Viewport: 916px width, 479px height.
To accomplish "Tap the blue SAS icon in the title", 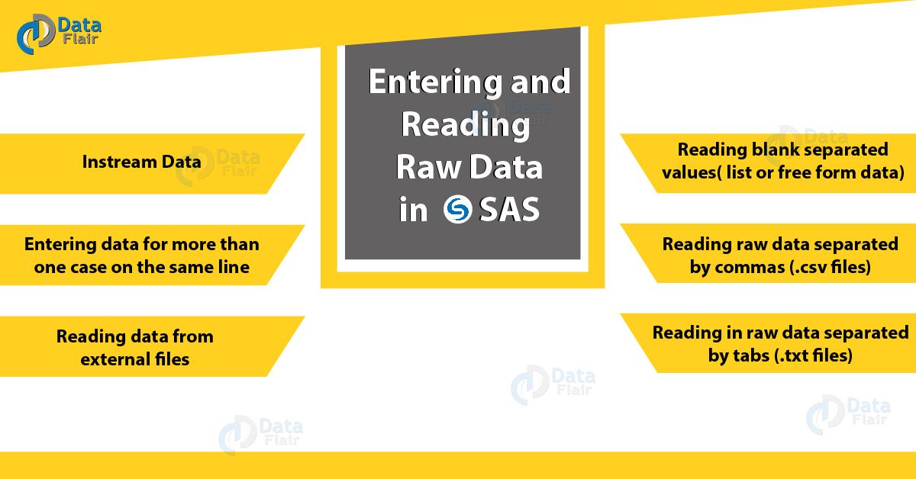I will (459, 210).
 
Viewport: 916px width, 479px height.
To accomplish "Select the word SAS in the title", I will (509, 210).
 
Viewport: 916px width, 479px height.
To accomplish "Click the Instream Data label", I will (141, 162).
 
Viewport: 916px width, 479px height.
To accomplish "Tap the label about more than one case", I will (142, 256).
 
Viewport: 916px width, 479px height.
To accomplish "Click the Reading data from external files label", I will (134, 347).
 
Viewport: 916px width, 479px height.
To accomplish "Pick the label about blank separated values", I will (782, 160).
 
